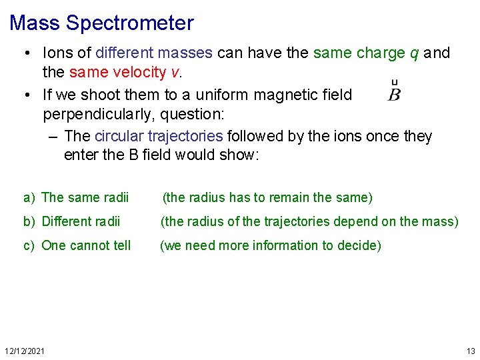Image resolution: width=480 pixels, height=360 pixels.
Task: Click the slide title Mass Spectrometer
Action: (x=101, y=23)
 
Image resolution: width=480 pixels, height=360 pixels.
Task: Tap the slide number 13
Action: (x=471, y=351)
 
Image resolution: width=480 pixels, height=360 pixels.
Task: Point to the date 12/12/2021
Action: (x=25, y=351)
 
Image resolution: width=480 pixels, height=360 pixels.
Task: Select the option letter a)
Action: (x=29, y=197)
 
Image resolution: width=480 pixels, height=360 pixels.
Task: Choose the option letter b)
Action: (x=29, y=221)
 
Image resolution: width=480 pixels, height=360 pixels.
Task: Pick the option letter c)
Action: (x=29, y=245)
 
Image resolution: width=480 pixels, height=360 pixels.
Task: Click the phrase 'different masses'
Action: (x=154, y=53)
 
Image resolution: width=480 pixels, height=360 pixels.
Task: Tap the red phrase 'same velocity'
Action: (x=112, y=72)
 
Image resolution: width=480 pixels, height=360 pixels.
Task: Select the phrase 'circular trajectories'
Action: (x=159, y=137)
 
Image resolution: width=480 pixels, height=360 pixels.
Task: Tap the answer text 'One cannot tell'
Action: (x=86, y=245)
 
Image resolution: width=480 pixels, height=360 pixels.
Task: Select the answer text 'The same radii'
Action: (x=85, y=197)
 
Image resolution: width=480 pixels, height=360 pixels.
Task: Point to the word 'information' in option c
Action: (x=285, y=245)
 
